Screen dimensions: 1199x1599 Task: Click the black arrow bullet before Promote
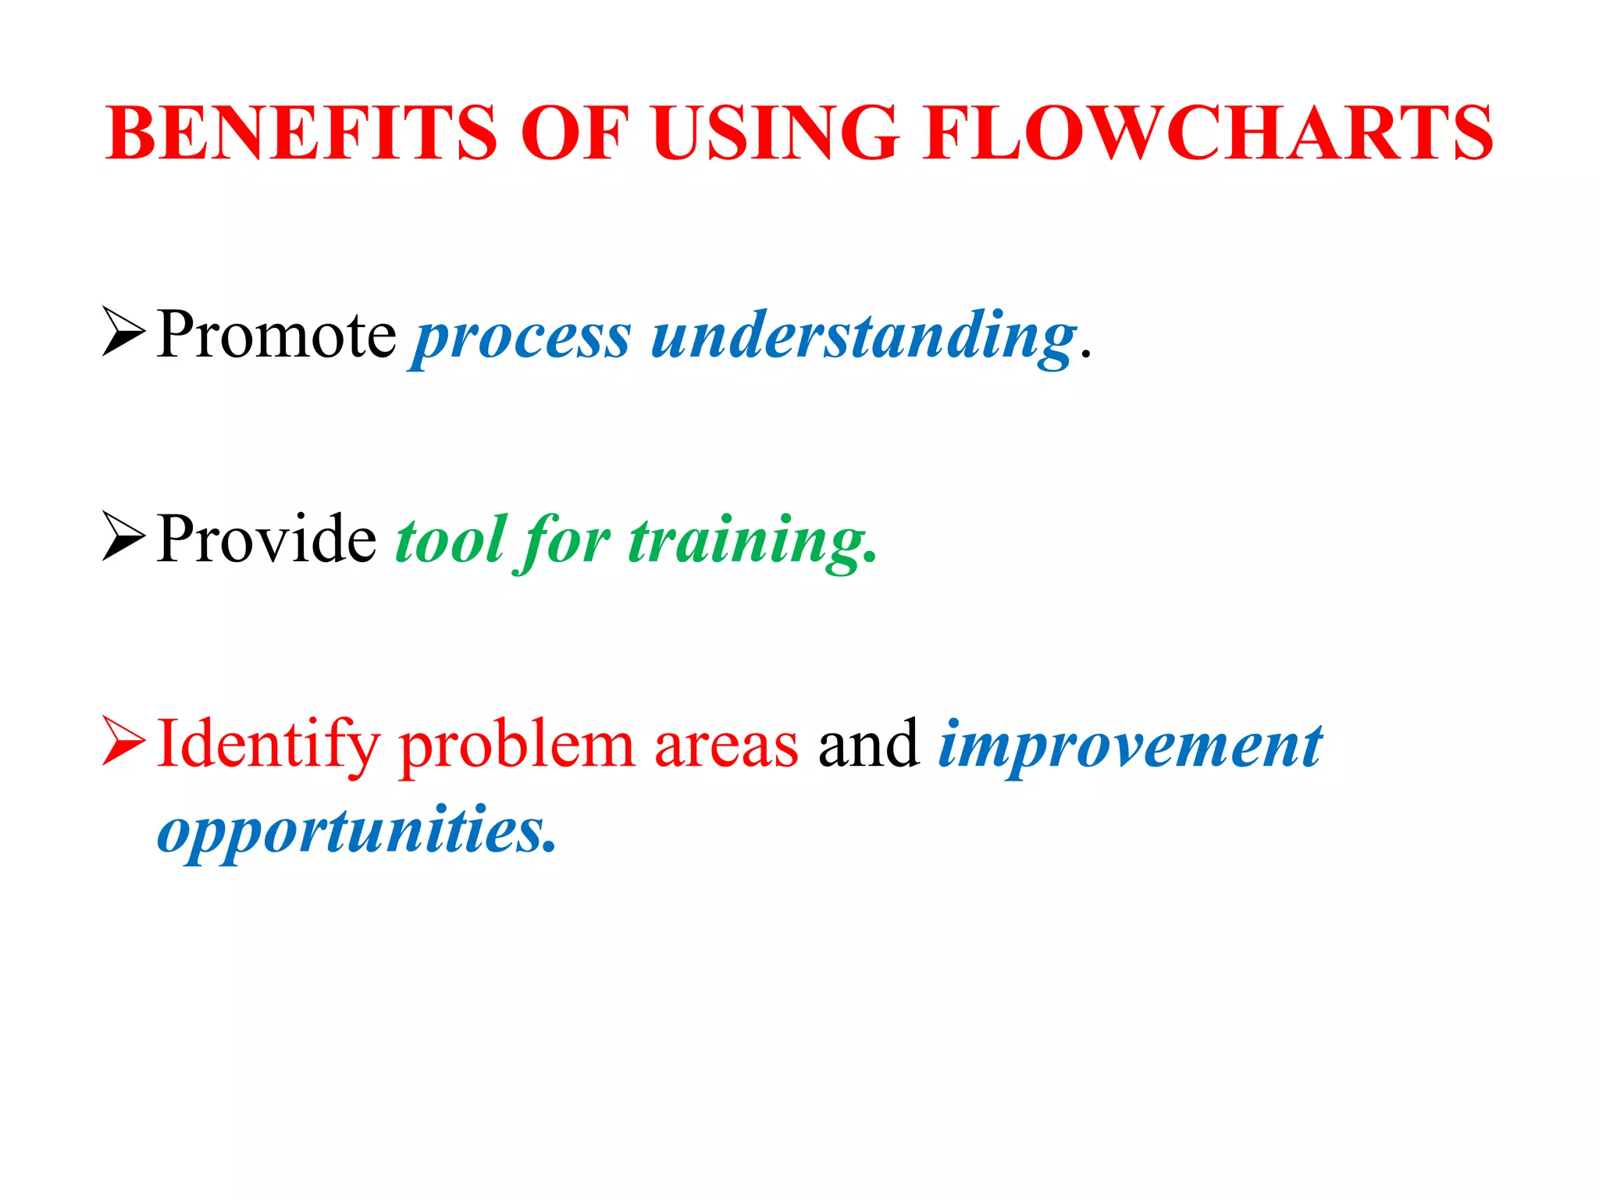[123, 333]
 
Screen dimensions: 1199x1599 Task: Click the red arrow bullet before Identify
[123, 742]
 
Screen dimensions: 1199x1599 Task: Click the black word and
[868, 745]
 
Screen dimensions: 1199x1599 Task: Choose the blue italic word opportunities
[355, 832]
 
